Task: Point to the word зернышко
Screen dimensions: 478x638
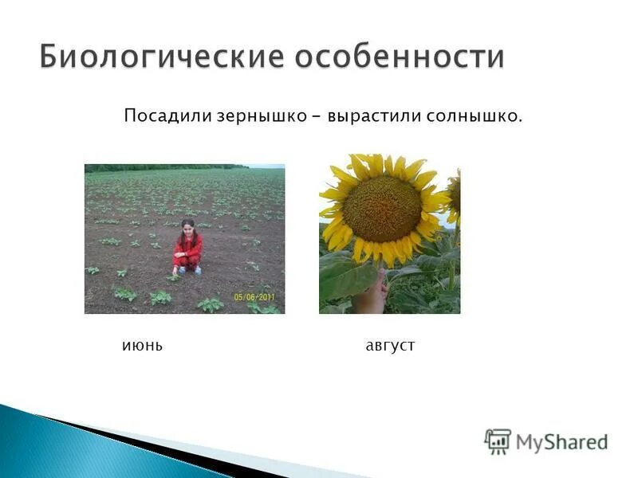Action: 262,117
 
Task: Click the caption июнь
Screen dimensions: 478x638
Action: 143,347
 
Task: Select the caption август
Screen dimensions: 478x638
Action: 390,347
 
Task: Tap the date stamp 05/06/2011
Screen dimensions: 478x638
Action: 256,296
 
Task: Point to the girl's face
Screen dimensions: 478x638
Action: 188,229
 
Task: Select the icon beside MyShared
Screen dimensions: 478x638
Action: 498,441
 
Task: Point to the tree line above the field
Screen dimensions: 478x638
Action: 167,167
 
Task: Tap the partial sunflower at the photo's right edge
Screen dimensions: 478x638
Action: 454,195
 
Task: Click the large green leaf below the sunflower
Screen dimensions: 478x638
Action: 347,275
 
